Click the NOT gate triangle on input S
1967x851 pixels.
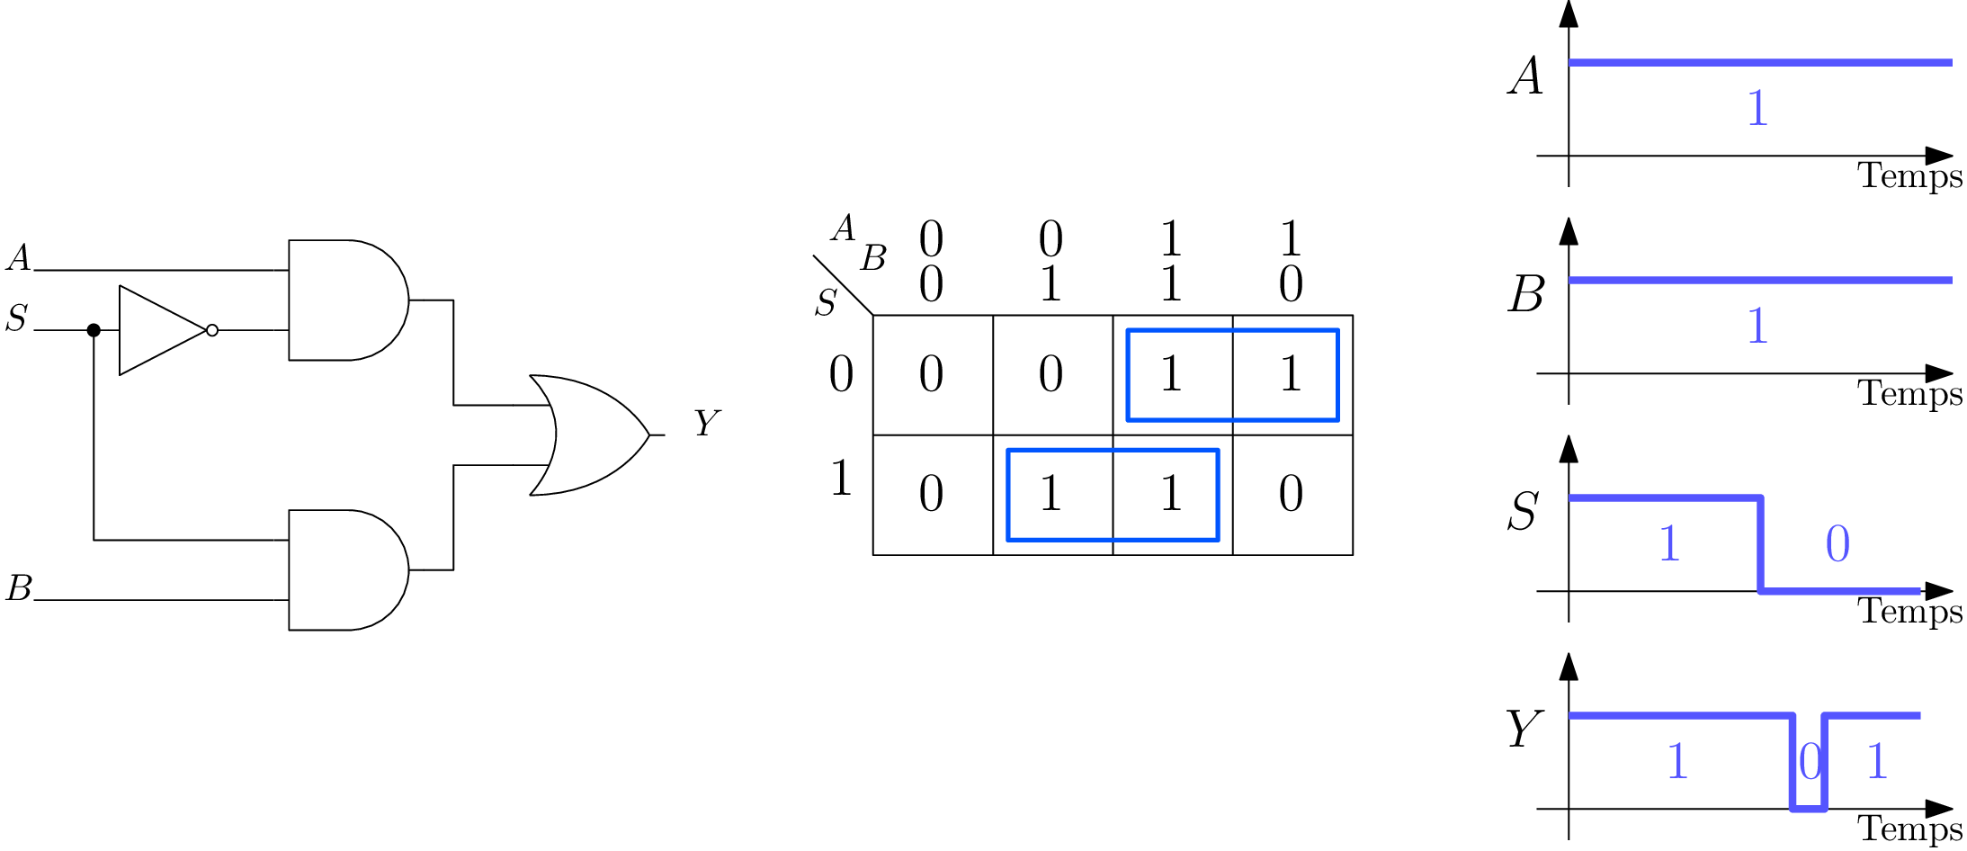[x=157, y=330]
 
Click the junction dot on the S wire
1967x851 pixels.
[x=94, y=330]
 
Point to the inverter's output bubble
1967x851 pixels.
[x=212, y=330]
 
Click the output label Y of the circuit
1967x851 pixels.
[x=707, y=423]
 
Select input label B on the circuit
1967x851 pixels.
[x=19, y=588]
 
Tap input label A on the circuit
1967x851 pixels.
[x=19, y=258]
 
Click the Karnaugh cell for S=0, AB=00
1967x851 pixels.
[x=932, y=374]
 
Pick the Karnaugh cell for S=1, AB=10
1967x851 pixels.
[x=1291, y=494]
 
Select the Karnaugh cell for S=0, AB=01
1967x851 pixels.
[x=1051, y=374]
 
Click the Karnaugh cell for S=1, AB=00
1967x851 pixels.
[x=932, y=494]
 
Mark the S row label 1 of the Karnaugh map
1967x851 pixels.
[x=841, y=478]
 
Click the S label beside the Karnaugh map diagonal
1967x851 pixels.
[x=826, y=303]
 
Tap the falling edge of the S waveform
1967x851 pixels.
[x=1760, y=544]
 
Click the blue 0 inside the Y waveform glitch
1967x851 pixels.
[x=1810, y=763]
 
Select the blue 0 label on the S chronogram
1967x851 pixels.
[x=1837, y=544]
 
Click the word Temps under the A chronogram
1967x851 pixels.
[x=1910, y=175]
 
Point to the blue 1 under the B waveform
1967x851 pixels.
[x=1757, y=326]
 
